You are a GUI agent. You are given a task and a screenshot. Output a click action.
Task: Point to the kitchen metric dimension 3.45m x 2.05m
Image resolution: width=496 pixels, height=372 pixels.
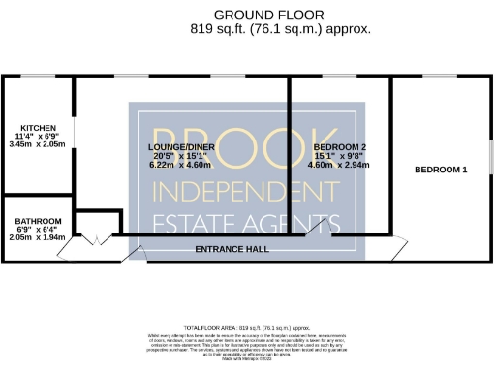click(39, 143)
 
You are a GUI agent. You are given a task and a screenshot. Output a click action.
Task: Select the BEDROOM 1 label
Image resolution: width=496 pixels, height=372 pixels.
click(441, 170)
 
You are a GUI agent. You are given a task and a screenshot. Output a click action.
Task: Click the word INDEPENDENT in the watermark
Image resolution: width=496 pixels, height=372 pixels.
click(247, 187)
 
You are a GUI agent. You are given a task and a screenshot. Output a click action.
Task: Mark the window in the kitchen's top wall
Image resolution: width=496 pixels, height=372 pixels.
click(39, 76)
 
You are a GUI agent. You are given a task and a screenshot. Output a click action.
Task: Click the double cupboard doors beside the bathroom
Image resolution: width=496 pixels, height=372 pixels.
click(95, 238)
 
